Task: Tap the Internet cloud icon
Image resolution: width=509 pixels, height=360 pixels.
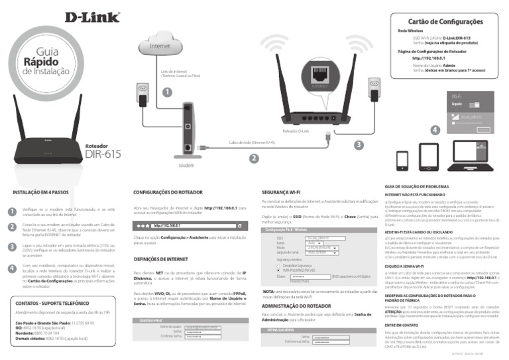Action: (160, 47)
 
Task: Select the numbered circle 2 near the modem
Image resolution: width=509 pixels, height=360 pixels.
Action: (253, 158)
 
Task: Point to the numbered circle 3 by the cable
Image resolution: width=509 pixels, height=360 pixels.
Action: (359, 145)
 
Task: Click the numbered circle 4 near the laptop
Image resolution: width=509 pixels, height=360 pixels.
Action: (434, 131)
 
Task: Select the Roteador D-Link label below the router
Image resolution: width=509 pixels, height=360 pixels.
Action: (296, 131)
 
